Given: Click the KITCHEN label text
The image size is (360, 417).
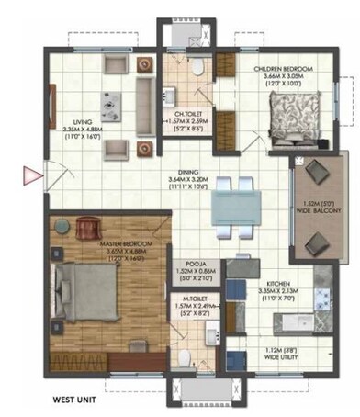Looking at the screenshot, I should point(279,284).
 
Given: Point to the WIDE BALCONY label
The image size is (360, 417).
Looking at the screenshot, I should point(318,211).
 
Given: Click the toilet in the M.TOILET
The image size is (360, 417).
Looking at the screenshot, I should point(184,357).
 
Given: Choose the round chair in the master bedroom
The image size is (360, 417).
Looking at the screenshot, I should point(88,223).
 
